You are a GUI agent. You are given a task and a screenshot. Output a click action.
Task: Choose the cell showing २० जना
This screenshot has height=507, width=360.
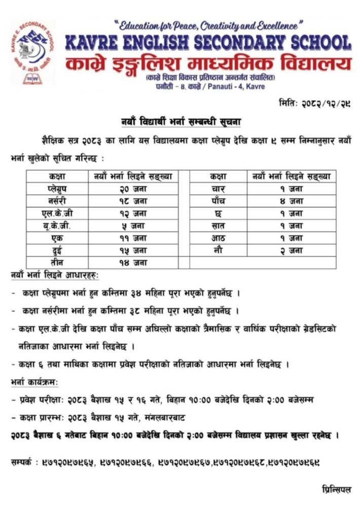click(x=133, y=189)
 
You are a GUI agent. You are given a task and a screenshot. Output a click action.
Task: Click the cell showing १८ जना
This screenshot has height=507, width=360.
click(x=133, y=201)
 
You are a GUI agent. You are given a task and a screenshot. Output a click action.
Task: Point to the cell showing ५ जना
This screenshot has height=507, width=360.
click(x=133, y=225)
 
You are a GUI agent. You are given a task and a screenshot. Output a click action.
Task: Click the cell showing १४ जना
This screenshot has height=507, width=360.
click(x=133, y=262)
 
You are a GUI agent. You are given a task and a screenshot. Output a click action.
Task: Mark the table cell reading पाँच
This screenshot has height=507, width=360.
click(x=219, y=201)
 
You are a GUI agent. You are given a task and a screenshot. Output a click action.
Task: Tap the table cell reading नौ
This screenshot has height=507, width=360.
click(x=219, y=249)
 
